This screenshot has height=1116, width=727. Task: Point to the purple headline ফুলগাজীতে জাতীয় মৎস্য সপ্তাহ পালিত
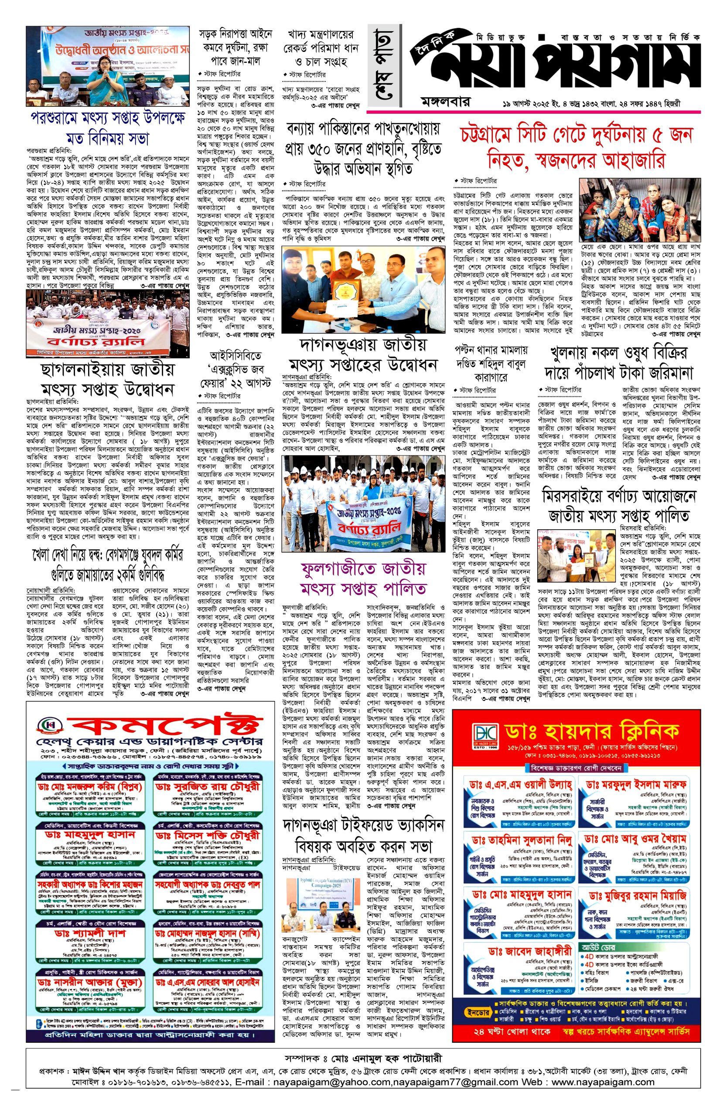(x=364, y=578)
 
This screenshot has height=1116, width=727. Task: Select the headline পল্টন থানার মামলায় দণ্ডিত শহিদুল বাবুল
(x=490, y=363)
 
